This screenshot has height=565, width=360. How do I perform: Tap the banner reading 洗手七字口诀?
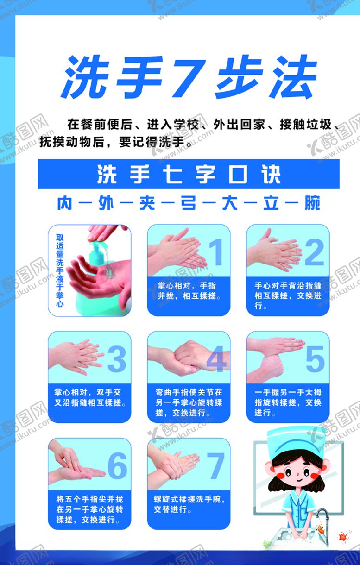[189, 174]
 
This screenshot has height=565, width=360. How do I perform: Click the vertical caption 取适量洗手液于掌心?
[59, 270]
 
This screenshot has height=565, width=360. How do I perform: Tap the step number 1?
[215, 252]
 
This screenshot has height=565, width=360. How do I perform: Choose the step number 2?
[315, 252]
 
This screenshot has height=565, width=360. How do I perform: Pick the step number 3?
[116, 359]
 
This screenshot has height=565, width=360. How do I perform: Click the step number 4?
[216, 359]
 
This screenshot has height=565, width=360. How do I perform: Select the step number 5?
[315, 359]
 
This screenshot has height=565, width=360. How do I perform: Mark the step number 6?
[117, 465]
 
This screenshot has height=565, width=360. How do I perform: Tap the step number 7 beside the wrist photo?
[216, 465]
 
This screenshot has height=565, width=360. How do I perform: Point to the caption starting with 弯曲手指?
[189, 402]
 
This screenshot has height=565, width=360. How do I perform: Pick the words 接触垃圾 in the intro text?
[306, 126]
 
